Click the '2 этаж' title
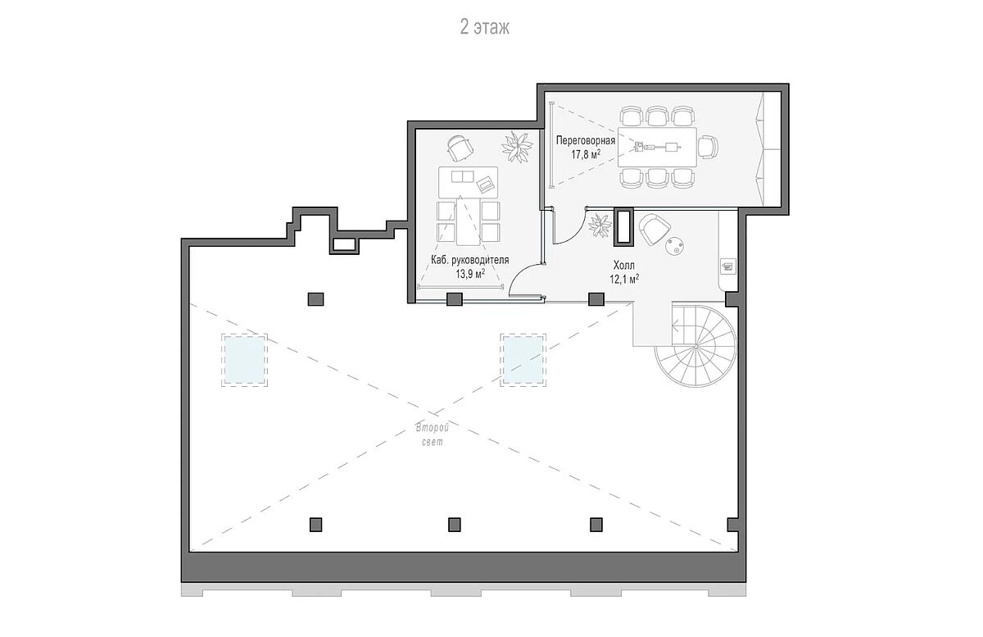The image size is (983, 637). click(484, 27)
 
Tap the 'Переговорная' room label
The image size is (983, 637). click(586, 140)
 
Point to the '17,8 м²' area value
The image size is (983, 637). click(586, 154)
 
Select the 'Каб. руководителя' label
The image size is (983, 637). click(470, 260)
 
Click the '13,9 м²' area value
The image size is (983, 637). click(470, 274)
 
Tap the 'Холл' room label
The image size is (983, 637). click(624, 265)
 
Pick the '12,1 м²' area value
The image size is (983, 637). click(624, 279)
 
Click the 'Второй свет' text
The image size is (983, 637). click(433, 435)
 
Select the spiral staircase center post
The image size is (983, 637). click(696, 346)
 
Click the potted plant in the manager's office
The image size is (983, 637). click(518, 147)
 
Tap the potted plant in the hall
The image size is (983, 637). click(600, 225)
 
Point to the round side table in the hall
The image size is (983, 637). click(675, 246)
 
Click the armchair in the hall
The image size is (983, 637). click(655, 229)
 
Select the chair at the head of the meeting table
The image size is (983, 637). click(708, 147)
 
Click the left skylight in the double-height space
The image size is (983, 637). click(244, 360)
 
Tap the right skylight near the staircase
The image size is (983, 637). click(523, 360)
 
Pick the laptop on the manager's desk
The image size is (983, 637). click(486, 184)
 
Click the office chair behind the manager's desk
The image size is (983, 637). click(460, 148)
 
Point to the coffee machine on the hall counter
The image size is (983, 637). click(728, 266)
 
